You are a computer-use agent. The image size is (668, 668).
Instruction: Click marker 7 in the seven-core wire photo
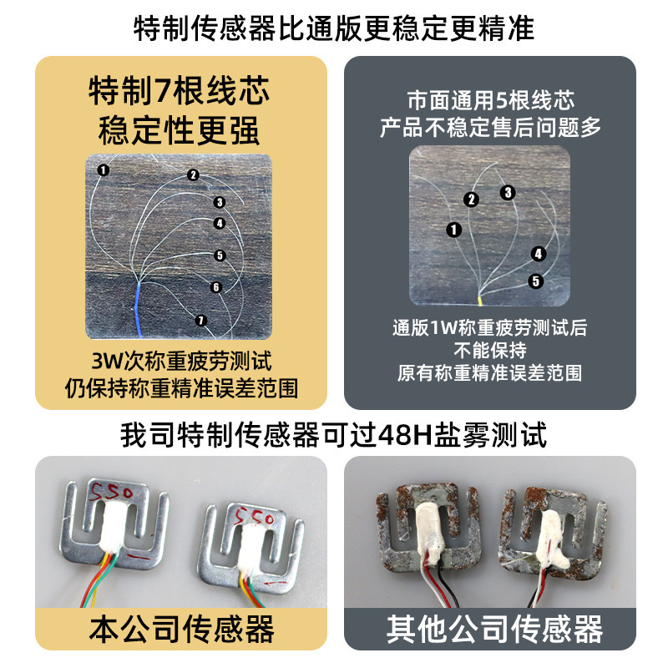(200, 320)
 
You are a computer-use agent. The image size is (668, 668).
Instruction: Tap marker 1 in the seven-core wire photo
(103, 170)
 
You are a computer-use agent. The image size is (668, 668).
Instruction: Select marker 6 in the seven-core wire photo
(216, 287)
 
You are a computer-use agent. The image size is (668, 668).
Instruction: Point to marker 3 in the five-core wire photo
(508, 193)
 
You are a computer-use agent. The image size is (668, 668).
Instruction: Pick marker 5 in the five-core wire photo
(535, 281)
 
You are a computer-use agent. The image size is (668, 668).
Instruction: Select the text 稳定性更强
(179, 129)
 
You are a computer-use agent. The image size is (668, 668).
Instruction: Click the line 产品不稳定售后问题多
(490, 128)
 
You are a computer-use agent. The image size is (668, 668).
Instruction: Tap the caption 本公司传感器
(181, 628)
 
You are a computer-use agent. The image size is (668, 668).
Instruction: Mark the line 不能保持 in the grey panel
(490, 350)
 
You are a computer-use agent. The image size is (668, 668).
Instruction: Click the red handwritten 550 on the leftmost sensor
(109, 487)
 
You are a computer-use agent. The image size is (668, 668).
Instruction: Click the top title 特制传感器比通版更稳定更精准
(334, 29)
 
